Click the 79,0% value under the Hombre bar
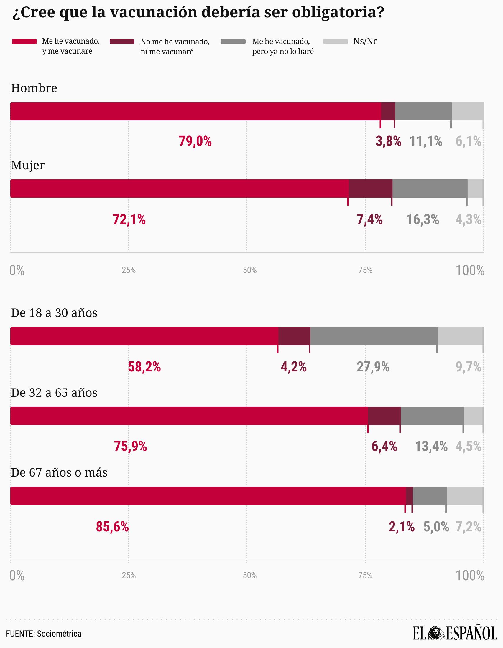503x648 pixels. (195, 141)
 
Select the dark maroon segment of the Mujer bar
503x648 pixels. (370, 189)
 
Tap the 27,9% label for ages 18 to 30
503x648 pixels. (373, 367)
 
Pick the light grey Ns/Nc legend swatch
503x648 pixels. (335, 42)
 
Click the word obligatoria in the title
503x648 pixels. (338, 12)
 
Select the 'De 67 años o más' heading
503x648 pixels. (59, 472)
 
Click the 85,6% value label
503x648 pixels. (112, 527)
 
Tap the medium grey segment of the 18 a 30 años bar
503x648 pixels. (374, 336)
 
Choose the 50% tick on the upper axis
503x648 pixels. (250, 270)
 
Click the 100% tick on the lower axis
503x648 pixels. (470, 576)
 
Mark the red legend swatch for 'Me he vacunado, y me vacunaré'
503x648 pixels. (24, 42)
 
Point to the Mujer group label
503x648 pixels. (28, 165)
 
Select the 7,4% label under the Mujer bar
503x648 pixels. (369, 219)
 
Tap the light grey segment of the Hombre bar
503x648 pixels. (468, 111)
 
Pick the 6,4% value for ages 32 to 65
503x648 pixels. (384, 446)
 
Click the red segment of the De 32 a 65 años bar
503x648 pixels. (189, 416)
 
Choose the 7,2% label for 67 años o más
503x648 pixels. (468, 527)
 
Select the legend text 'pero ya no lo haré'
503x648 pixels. (283, 52)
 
